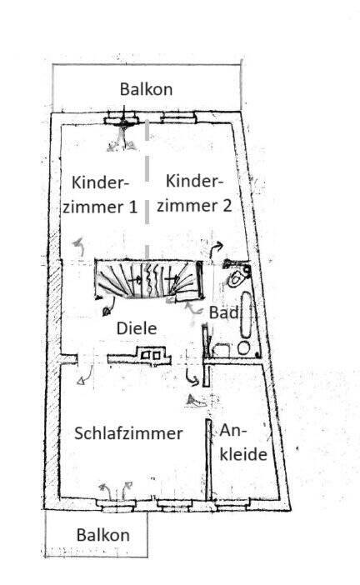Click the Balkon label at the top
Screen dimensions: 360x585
(146, 89)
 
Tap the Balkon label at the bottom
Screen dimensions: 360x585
(103, 535)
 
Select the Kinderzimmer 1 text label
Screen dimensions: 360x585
(100, 195)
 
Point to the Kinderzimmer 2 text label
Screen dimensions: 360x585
(194, 193)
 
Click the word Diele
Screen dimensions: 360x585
(137, 328)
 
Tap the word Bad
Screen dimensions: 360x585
(223, 312)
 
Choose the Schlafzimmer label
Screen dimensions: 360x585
(128, 433)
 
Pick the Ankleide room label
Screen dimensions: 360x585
(242, 442)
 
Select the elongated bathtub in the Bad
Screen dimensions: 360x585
(246, 314)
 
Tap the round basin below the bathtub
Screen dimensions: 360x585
(243, 348)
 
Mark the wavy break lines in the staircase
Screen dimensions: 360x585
(153, 279)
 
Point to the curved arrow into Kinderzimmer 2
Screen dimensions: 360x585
(216, 249)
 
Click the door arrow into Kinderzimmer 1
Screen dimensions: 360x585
(79, 246)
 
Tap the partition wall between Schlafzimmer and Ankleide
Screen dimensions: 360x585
(209, 459)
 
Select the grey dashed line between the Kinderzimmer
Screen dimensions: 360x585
(147, 189)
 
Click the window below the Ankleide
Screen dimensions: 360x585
(232, 506)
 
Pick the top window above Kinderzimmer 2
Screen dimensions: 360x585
(178, 118)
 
